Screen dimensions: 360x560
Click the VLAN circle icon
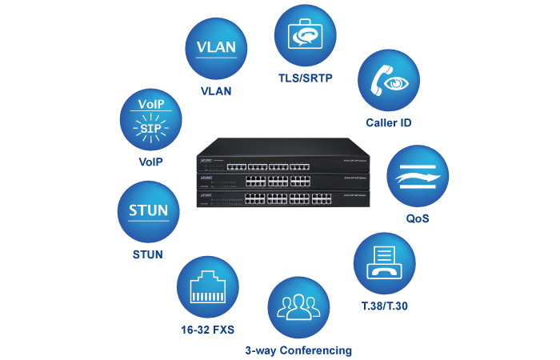point(216,47)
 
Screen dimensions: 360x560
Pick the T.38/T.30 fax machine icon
point(385,264)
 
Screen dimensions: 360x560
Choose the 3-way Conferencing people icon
point(298,309)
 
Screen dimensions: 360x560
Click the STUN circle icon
point(148,212)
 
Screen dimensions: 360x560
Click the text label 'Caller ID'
point(389,123)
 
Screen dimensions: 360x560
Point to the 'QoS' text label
point(417,218)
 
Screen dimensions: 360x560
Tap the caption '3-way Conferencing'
point(298,350)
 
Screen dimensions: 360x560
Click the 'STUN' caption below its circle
point(148,255)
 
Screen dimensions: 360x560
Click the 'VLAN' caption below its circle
point(216,91)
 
